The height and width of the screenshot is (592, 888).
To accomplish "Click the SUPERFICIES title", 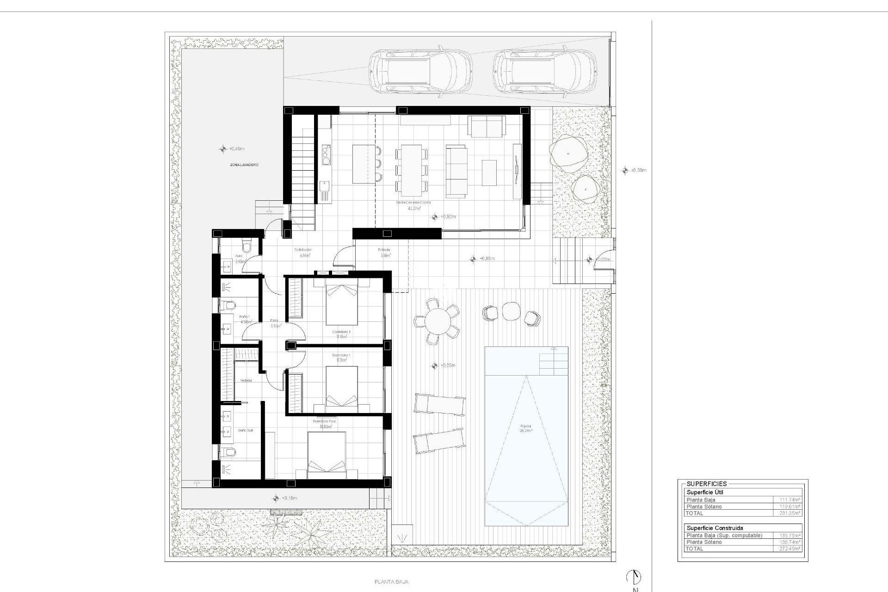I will pos(706,484).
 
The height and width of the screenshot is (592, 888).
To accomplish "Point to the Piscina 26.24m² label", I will pos(526,428).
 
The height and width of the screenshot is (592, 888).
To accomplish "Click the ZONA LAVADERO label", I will pos(244,165).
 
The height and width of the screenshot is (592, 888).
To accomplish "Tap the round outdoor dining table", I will pos(437,321).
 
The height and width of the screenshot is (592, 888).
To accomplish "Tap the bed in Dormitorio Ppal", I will pos(327,455).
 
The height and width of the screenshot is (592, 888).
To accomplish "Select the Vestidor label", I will pos(246,380).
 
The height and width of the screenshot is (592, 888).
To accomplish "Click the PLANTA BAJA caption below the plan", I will pos(391,582).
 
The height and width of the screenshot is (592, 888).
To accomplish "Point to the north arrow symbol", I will pos(634,577).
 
